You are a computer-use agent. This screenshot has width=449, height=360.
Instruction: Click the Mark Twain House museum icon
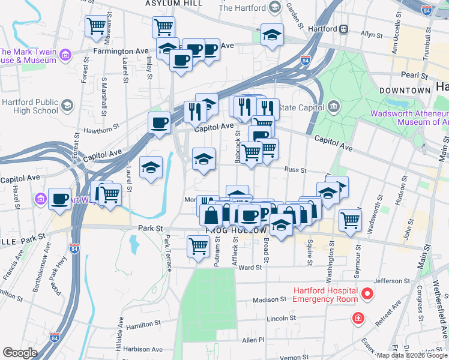65,56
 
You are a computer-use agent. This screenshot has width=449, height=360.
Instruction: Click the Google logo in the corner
20,353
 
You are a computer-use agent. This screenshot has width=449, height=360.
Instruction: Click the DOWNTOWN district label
405,91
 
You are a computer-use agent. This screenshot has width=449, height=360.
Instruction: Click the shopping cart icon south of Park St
198,245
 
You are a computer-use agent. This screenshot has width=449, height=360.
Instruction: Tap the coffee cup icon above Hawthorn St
160,123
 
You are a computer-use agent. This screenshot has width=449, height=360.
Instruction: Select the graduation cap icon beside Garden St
272,35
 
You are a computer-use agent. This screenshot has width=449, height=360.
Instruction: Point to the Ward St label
247,268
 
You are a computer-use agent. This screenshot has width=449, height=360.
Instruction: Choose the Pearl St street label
414,77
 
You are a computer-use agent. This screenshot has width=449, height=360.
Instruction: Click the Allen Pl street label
253,340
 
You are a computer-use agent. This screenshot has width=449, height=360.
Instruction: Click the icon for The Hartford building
276,8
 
